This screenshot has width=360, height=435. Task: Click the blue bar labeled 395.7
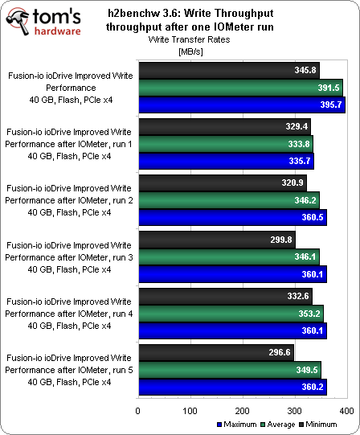241,105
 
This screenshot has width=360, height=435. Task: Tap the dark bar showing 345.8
228,71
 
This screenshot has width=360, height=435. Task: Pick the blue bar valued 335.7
225,161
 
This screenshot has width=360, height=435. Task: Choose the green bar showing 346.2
228,199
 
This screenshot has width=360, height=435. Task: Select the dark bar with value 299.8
216,240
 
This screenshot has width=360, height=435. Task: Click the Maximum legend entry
236,424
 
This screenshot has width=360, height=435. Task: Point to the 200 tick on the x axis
242,411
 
